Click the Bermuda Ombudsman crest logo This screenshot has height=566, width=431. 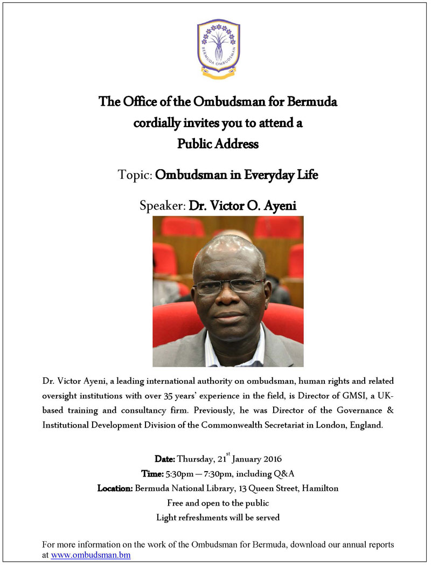coord(218,49)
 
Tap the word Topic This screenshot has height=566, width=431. coord(135,175)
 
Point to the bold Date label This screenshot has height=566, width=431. coord(165,459)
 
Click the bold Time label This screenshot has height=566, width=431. coord(151,474)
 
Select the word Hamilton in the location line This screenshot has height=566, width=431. coord(320,488)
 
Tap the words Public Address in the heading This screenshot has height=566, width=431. coord(218,144)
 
